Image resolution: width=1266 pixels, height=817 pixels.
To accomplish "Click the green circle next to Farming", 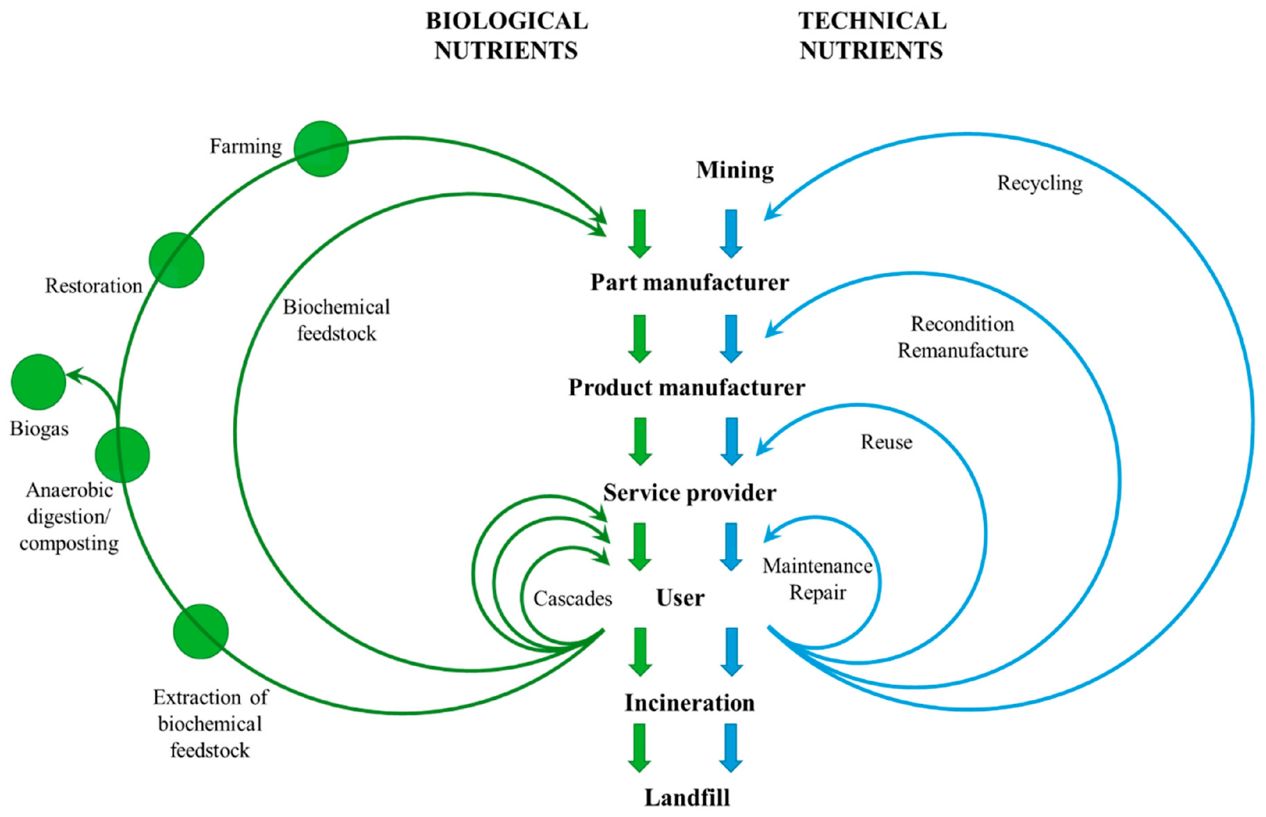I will point(321,149).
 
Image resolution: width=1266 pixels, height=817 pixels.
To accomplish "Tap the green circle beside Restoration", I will point(176,260).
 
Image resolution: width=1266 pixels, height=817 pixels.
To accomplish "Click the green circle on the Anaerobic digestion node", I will point(122,455).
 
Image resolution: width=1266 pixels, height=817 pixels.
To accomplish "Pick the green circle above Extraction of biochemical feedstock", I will point(201,631).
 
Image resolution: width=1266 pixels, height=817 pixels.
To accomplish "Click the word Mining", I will point(735,170).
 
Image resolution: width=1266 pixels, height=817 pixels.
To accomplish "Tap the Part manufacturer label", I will point(689,282).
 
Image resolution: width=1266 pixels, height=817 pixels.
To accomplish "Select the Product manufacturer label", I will point(686,387).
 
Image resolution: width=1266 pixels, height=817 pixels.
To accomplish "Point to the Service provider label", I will point(689,493).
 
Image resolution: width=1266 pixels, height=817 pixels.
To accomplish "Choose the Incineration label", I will point(689,703).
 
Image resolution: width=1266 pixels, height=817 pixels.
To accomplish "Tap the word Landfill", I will point(687,797).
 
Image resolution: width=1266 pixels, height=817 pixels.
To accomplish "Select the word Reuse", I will point(886,442).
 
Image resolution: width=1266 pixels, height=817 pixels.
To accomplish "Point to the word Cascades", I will point(573,599).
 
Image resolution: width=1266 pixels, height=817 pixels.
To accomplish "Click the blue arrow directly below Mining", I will point(731,234).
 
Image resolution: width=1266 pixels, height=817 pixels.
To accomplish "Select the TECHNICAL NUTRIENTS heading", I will point(872,36).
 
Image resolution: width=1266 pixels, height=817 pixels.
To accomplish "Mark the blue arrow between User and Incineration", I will point(731,652).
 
